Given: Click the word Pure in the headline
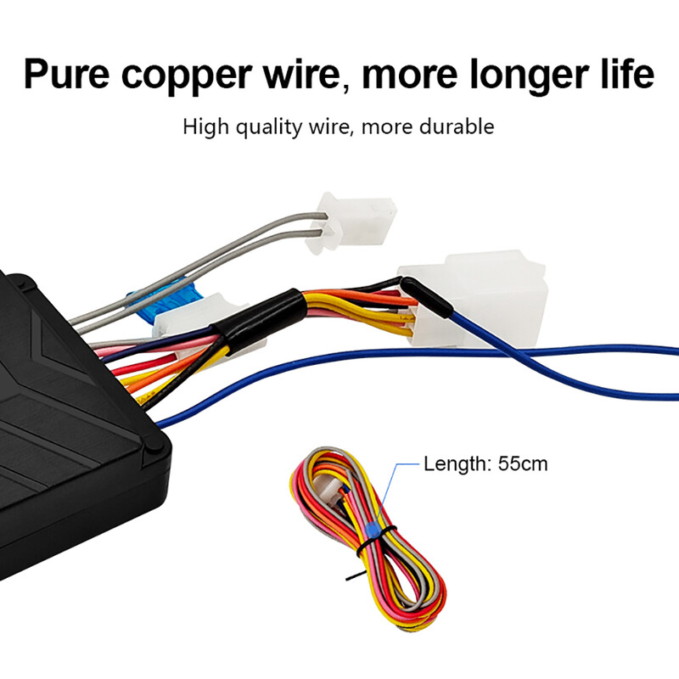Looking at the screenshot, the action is (x=66, y=74).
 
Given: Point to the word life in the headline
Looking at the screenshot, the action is (x=627, y=74).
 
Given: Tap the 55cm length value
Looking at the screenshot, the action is (x=523, y=463).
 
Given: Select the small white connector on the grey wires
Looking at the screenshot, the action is (x=351, y=222).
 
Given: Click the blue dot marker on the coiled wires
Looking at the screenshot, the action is (x=372, y=530).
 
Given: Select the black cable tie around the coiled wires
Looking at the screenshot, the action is (x=375, y=539).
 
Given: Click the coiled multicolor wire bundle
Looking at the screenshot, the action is (x=368, y=537).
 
